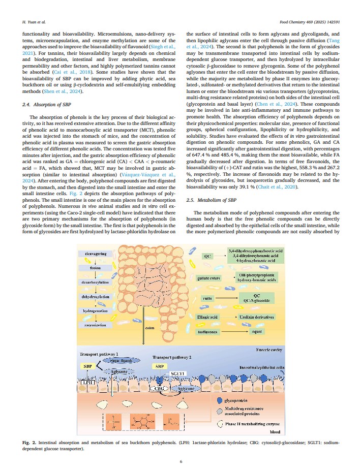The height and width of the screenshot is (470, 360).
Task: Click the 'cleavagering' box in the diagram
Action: pyautogui.click(x=95, y=253)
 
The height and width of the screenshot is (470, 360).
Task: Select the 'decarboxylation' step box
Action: pyautogui.click(x=95, y=281)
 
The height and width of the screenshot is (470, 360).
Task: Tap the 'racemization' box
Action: pyautogui.click(x=95, y=324)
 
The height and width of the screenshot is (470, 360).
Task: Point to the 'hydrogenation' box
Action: pyautogui.click(x=95, y=310)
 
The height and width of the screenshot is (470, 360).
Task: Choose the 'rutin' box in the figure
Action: pyautogui.click(x=207, y=298)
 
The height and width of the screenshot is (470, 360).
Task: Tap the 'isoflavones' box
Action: pyautogui.click(x=207, y=331)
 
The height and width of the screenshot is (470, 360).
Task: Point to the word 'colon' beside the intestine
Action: pyautogui.click(x=150, y=328)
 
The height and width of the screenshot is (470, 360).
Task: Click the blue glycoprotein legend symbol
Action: pyautogui.click(x=219, y=401)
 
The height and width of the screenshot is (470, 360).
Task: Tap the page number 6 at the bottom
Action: pyautogui.click(x=181, y=461)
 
